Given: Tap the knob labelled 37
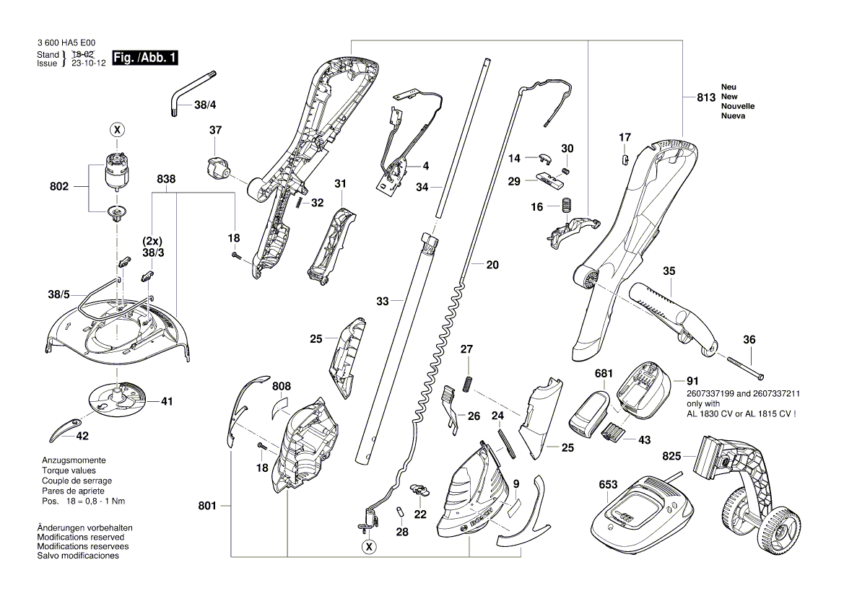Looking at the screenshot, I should click(216, 168).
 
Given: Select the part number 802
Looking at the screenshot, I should click(59, 187).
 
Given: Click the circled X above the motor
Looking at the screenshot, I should click(116, 129).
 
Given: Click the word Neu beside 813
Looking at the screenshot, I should click(728, 87).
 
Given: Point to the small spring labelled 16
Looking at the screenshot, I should click(567, 205).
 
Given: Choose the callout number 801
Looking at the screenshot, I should click(207, 507).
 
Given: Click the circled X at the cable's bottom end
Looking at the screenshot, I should click(369, 548).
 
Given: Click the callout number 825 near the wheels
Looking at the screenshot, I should click(671, 456).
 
